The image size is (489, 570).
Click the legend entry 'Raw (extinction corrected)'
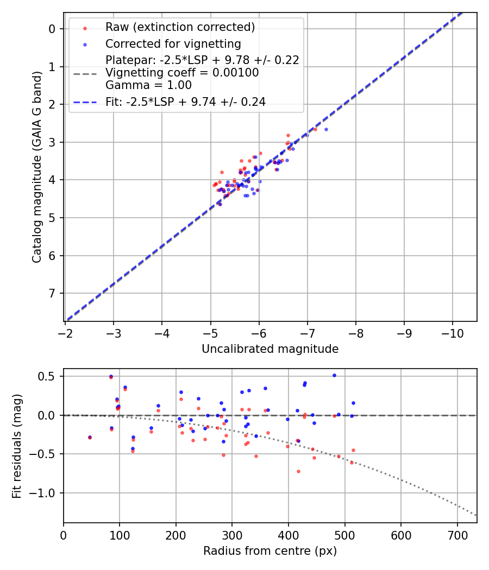[x=180, y=27]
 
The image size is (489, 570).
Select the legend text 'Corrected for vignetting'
[x=173, y=43]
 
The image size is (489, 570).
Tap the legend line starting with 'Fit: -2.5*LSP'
[x=185, y=102]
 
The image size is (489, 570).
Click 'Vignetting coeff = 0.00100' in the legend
[x=182, y=73]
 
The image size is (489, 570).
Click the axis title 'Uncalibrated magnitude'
[x=270, y=349]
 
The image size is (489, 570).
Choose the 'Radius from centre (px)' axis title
[x=270, y=551]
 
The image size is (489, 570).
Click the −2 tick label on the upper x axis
[x=65, y=331]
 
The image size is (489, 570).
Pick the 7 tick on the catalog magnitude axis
[x=53, y=293]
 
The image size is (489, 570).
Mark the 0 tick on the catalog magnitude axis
[x=53, y=29]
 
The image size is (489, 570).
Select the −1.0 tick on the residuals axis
[x=46, y=493]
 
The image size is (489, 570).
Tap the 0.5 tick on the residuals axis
[x=50, y=376]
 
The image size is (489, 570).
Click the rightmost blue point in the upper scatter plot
[x=326, y=129]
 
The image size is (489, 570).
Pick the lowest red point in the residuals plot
[x=298, y=471]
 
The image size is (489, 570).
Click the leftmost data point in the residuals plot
[x=90, y=437]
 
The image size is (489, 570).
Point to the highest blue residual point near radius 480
[x=334, y=375]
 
